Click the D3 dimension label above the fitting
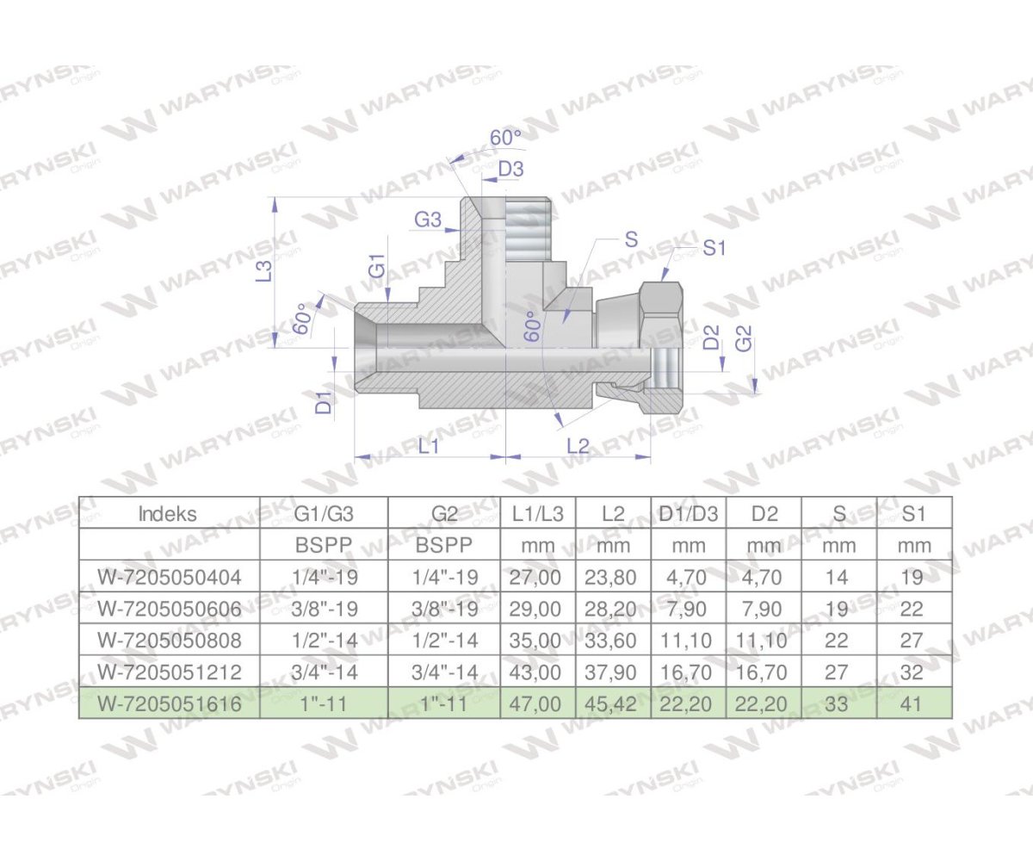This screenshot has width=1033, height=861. click(511, 169)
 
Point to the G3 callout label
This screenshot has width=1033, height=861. click(428, 220)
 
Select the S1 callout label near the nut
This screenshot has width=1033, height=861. click(715, 248)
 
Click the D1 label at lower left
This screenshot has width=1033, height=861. click(323, 401)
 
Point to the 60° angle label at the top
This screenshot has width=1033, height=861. click(506, 138)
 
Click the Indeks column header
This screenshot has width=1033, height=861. click(168, 515)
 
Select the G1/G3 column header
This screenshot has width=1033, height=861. click(324, 515)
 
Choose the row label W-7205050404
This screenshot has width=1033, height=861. click(169, 577)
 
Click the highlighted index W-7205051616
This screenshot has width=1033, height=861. click(169, 703)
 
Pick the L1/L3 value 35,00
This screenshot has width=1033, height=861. click(538, 641)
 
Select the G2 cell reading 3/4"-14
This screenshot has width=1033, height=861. click(443, 672)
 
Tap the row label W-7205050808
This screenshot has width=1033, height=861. click(169, 641)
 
